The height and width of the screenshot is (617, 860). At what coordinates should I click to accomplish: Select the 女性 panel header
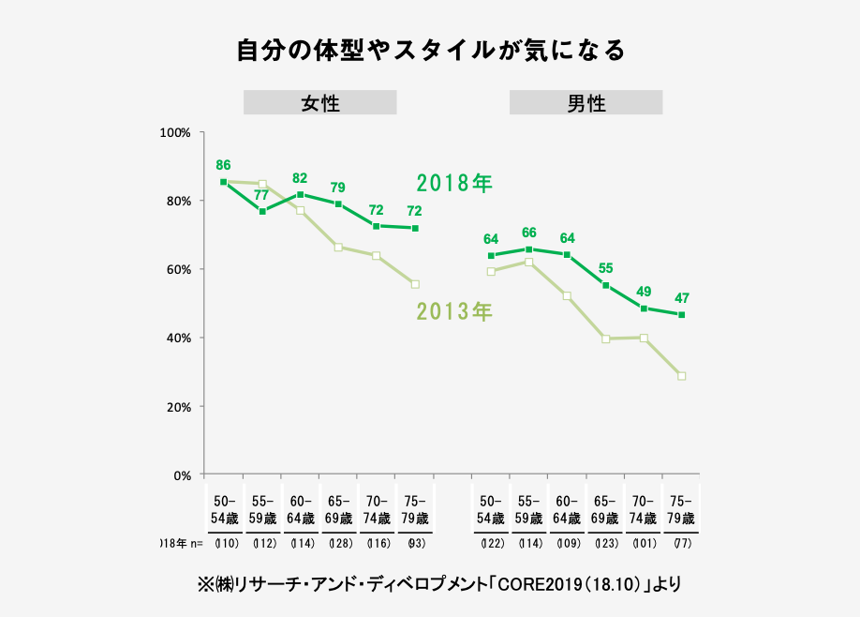click(319, 103)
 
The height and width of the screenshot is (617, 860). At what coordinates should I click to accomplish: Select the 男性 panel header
click(586, 103)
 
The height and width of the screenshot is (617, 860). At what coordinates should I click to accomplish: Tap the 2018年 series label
click(454, 183)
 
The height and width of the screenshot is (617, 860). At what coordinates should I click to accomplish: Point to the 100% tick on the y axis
click(177, 132)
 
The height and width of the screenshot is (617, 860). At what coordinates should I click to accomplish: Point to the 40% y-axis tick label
click(179, 338)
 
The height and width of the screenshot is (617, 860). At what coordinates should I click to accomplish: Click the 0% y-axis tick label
click(183, 475)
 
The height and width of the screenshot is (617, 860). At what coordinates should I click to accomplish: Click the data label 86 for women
click(223, 165)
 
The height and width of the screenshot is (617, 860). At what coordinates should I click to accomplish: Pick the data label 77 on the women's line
click(261, 195)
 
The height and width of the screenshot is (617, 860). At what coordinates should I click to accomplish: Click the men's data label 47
click(682, 298)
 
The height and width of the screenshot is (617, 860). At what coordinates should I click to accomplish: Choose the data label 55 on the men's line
click(605, 268)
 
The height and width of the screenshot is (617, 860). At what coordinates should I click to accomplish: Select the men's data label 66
click(528, 233)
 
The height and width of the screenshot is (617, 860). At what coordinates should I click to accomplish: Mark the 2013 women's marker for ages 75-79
click(415, 284)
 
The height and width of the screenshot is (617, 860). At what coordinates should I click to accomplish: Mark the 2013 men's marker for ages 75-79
click(681, 376)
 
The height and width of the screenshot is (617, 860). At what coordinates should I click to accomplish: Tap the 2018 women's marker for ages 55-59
click(262, 211)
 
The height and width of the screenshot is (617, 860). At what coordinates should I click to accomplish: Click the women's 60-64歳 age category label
click(301, 509)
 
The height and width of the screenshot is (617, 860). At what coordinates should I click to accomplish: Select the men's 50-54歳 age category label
click(490, 509)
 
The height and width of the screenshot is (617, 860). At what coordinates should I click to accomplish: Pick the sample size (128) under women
click(338, 543)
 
